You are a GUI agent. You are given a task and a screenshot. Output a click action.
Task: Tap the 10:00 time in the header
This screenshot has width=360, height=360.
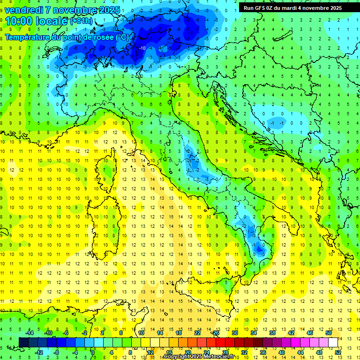coord(20,21)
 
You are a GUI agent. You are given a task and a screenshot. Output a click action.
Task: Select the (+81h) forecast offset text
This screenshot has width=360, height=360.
coord(82,22)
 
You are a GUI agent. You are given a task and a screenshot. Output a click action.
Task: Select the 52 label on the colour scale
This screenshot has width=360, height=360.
coord(337,352)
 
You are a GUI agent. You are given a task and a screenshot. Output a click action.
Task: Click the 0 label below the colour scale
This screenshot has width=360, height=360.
coord(93,352)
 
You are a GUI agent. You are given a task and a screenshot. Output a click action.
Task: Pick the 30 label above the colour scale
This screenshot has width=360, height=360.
coord(234,333)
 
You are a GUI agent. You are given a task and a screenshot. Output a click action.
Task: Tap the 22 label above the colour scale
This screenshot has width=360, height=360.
coord(197,333)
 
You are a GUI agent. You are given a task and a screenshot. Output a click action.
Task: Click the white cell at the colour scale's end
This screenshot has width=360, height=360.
coord(333,342)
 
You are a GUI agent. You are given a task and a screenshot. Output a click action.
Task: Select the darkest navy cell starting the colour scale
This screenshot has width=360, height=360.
coord(23,342)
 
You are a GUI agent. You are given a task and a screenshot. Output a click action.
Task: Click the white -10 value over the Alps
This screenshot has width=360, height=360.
coord(142,48)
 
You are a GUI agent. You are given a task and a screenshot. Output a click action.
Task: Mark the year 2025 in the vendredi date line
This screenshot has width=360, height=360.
coord(109,9)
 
